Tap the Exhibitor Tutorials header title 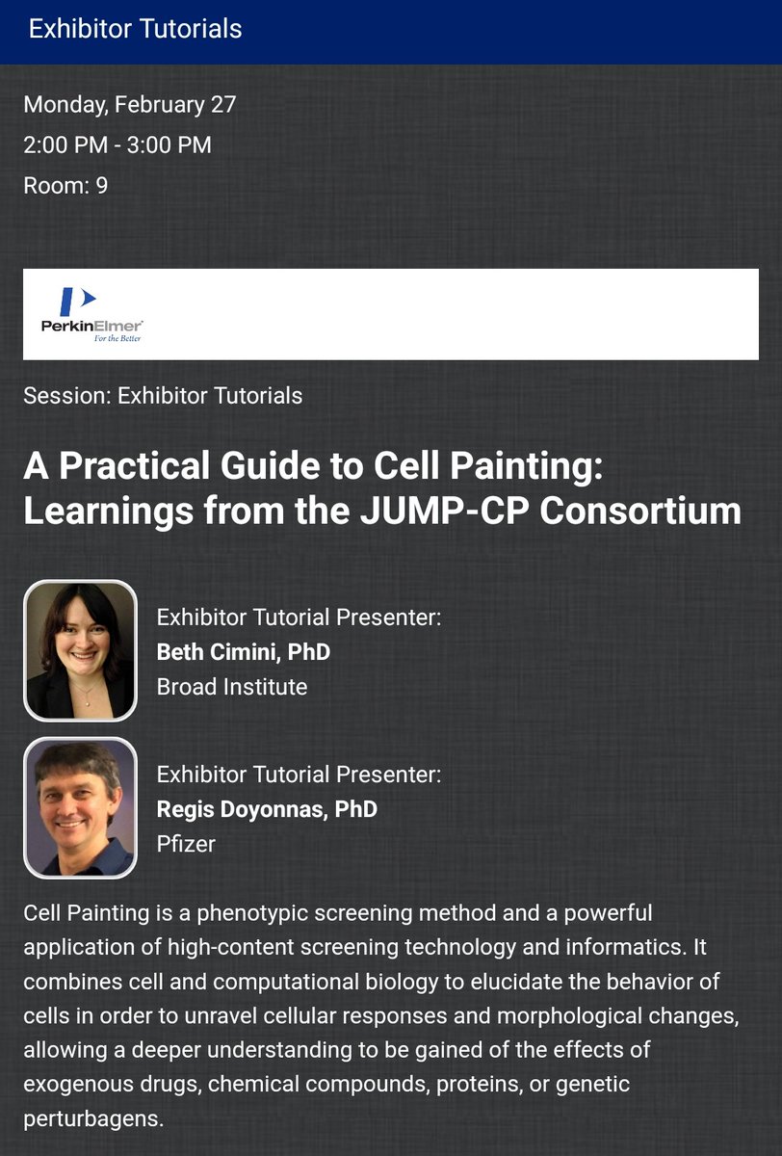135,29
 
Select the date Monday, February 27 129,104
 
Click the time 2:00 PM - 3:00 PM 117,145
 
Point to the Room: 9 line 65,185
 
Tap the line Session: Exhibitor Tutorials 163,395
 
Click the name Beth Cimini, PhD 244,652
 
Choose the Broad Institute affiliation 232,687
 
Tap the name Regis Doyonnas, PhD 267,809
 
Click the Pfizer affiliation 186,844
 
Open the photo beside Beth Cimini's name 80,650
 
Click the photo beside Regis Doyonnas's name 80,807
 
